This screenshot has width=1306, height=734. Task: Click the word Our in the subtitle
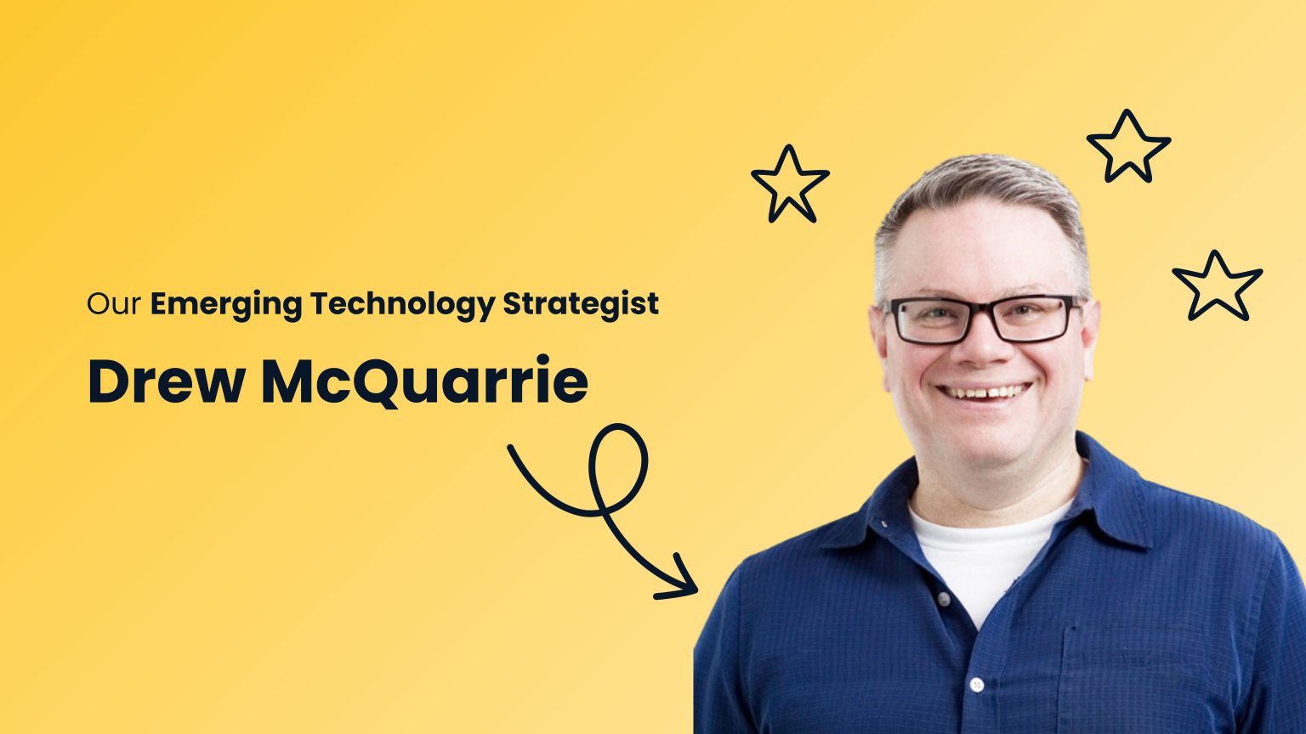coord(114,304)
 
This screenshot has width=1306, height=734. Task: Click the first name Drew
coord(167,381)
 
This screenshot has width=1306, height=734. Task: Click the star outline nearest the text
coord(790,184)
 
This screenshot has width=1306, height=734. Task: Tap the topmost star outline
coord(1128,146)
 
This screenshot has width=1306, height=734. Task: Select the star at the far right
coord(1217,286)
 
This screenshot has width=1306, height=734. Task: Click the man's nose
coord(984,345)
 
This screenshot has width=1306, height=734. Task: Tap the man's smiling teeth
coord(984,392)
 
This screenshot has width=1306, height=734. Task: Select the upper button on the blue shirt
coord(943,598)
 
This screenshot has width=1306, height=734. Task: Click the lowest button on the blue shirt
coord(977,685)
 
